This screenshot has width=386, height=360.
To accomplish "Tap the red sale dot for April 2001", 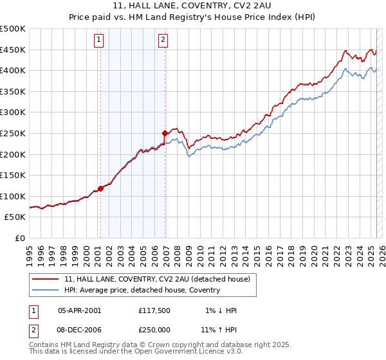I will tap(100, 188).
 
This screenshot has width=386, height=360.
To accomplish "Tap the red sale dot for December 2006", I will tap(165, 133).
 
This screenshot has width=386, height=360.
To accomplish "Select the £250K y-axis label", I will tap(13, 133).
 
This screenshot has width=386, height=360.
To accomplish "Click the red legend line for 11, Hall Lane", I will tap(46, 278).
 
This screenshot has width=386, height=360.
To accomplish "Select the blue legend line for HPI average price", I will tap(46, 290).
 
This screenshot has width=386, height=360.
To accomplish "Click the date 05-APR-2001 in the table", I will tap(79, 310).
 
